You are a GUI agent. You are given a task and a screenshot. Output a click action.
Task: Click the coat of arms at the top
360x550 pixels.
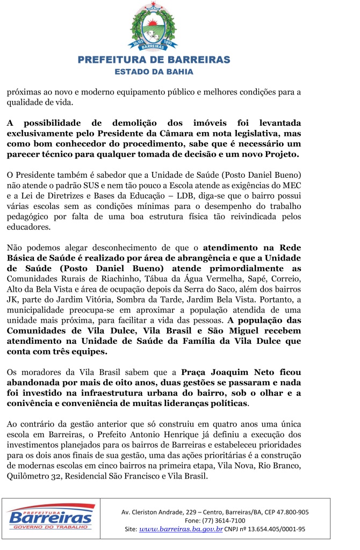coord(154,27)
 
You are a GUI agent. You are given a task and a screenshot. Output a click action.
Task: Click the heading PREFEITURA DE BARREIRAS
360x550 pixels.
coord(154,60)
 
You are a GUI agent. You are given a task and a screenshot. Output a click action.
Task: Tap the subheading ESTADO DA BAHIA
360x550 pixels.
coord(154,71)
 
